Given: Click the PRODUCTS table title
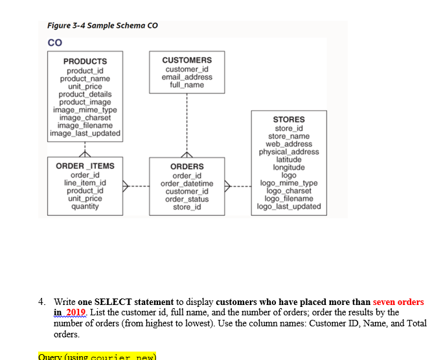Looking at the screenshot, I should pyautogui.click(x=85, y=62).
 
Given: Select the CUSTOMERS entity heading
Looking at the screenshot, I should pyautogui.click(x=187, y=60).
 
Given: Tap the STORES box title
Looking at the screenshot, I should pyautogui.click(x=289, y=120).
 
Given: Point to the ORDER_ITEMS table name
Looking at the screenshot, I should pyautogui.click(x=85, y=166).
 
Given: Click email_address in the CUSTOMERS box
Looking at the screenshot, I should pyautogui.click(x=187, y=77).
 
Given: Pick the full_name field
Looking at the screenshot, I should pyautogui.click(x=187, y=85).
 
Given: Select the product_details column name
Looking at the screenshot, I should pyautogui.click(x=85, y=95).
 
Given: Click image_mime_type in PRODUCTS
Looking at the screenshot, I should pyautogui.click(x=85, y=110).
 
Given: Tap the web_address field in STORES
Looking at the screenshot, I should pyautogui.click(x=289, y=144).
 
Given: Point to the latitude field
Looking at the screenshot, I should pyautogui.click(x=289, y=159).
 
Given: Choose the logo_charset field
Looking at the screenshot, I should pyautogui.click(x=289, y=191).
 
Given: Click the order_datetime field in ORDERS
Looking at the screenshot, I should pyautogui.click(x=187, y=183).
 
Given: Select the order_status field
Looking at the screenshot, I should pyautogui.click(x=187, y=199).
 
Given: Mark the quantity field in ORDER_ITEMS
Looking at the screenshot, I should pyautogui.click(x=85, y=207).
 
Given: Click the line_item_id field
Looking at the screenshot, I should pyautogui.click(x=85, y=183).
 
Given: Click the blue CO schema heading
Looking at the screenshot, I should pyautogui.click(x=54, y=43).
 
